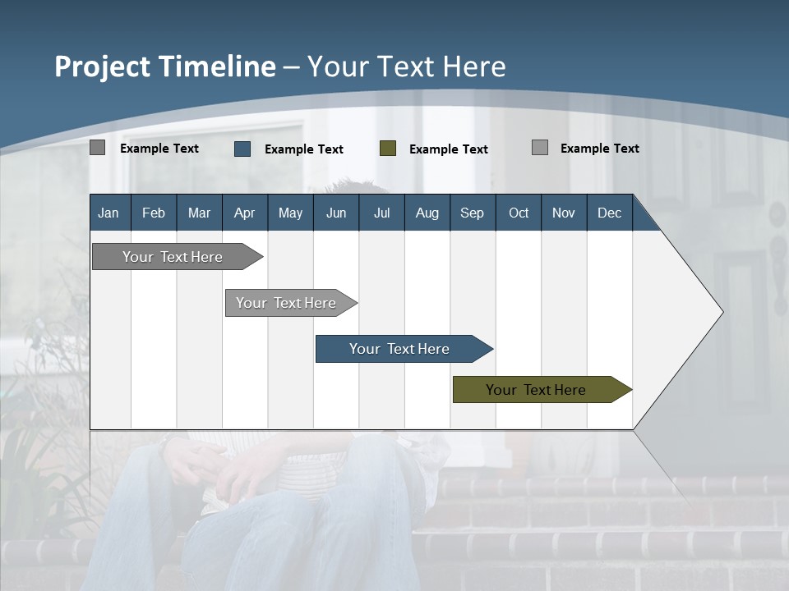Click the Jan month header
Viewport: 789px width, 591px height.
[108, 213]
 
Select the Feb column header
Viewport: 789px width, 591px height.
[154, 213]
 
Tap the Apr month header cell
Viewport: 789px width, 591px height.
[244, 213]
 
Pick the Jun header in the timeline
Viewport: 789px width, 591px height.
[336, 213]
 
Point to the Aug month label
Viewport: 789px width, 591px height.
[427, 213]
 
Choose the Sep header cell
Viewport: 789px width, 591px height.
[472, 213]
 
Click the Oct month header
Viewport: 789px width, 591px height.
[519, 213]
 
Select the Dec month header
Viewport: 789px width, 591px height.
[609, 213]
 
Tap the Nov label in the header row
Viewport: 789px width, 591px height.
[564, 213]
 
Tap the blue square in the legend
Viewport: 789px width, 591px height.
[242, 149]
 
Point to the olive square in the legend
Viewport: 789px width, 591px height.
[388, 149]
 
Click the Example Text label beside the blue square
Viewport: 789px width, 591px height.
[304, 149]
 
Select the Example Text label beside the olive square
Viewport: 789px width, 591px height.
[449, 149]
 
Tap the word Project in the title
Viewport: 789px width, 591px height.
[102, 66]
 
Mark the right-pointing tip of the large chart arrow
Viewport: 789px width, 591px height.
[721, 312]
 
